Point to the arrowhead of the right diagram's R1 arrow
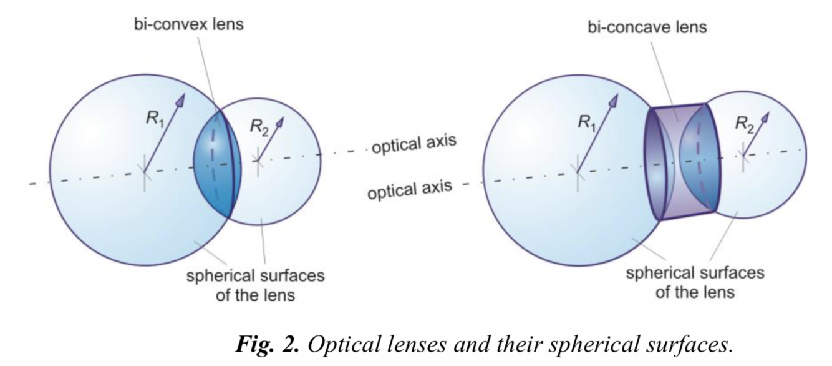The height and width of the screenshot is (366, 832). (x=613, y=101)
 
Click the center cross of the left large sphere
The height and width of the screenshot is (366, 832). (x=144, y=172)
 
